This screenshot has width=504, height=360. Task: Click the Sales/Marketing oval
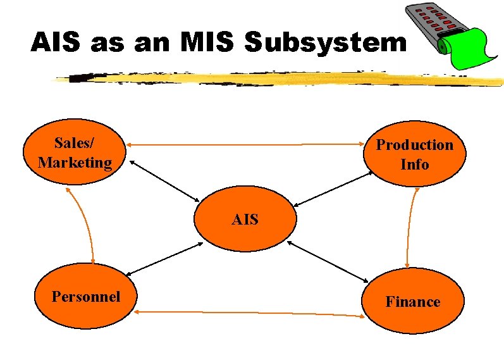point(75,153)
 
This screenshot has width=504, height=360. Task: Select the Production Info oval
point(414,155)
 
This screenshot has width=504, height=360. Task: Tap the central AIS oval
point(245,220)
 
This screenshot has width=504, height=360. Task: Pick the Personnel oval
point(86,297)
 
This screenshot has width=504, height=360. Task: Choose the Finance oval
point(414,302)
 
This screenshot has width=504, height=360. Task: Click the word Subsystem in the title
point(326,43)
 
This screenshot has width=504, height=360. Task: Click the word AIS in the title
point(58,43)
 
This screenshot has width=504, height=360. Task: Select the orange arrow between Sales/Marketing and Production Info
point(247,145)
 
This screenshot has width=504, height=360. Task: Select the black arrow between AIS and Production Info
point(333,189)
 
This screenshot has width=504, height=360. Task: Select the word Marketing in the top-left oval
point(75,163)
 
